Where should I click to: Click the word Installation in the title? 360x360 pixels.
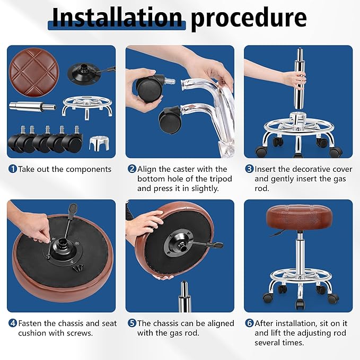click(x=118, y=17)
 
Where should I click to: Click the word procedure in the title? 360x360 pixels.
click(x=249, y=17)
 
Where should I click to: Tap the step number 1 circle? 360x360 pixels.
click(x=12, y=169)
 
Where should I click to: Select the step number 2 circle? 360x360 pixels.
click(x=131, y=169)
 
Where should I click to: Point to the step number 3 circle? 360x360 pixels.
click(x=249, y=169)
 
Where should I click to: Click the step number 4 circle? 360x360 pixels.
click(x=12, y=323)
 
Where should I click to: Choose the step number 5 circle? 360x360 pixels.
click(x=131, y=323)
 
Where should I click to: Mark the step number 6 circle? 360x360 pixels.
click(x=249, y=323)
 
